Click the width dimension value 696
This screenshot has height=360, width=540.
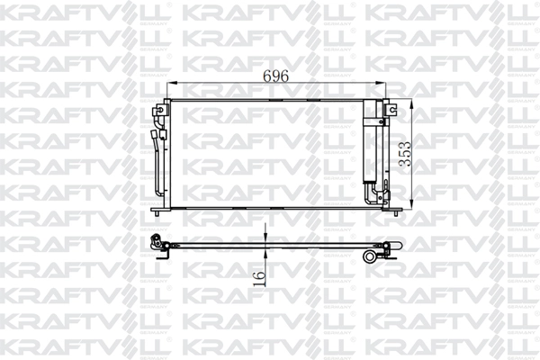(x=275, y=76)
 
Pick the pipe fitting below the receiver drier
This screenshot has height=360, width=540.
(x=372, y=193)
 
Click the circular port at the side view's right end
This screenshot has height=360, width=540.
(x=370, y=256)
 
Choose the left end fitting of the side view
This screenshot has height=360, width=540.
(x=158, y=242)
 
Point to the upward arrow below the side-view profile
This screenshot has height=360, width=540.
(x=266, y=253)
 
